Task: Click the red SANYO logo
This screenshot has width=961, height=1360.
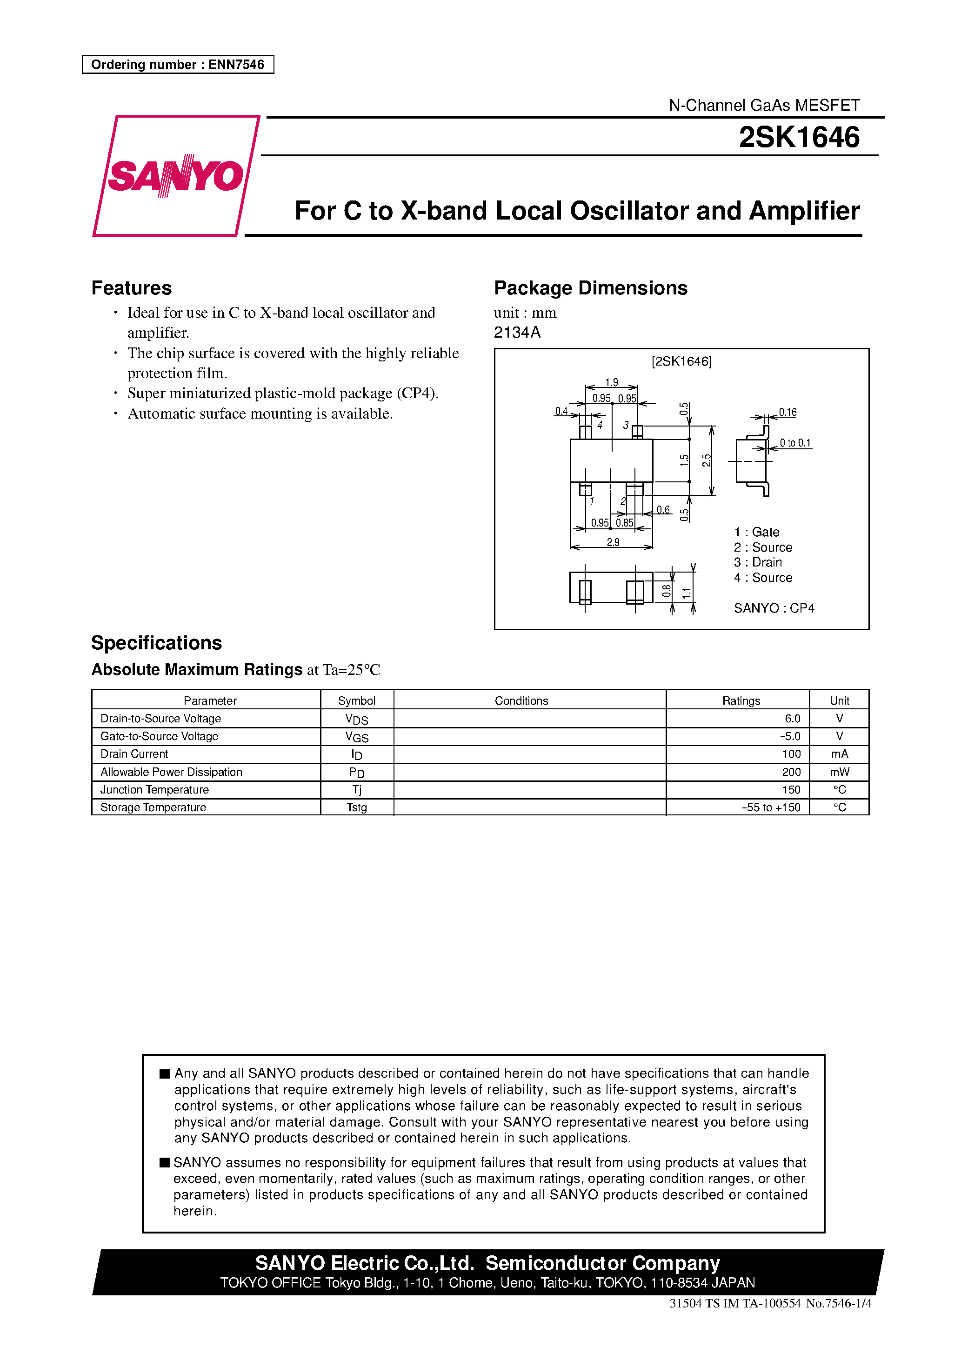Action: pos(175,175)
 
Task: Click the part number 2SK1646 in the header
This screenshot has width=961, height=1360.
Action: pos(799,137)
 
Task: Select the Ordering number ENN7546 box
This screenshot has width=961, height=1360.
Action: pos(178,65)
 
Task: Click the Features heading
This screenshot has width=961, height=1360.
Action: pos(132,288)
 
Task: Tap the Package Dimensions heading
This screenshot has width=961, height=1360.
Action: pos(590,288)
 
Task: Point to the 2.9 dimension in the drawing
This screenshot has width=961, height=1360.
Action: pos(613,542)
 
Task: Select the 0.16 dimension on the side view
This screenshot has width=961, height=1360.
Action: pos(787,412)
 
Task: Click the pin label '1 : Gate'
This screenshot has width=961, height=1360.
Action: pos(757,532)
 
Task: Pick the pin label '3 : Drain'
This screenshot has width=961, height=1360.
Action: pos(758,562)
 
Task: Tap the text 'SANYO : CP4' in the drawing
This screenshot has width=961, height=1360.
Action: pos(774,608)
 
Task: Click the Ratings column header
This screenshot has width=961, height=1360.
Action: pos(741,701)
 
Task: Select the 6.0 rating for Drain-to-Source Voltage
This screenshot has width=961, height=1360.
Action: pos(792,719)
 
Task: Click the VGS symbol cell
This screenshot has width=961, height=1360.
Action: pos(357,737)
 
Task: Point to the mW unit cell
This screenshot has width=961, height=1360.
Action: pos(839,772)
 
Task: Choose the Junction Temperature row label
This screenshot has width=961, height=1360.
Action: pos(154,790)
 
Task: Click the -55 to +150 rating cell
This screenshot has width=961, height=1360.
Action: pos(770,807)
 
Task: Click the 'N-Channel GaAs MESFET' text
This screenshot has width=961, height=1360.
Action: pos(764,106)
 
